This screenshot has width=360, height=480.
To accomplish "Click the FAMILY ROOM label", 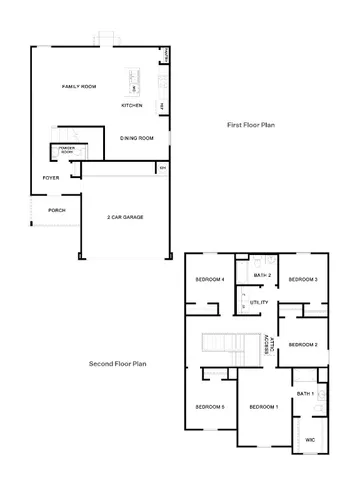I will tap(79, 87).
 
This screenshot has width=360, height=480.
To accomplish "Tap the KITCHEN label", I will tap(131, 105).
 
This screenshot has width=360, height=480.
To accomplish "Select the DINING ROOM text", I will tap(136, 138).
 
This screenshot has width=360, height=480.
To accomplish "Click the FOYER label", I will tap(50, 177).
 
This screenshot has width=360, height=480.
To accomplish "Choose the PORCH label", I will tap(56, 211).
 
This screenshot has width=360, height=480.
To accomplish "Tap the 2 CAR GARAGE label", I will tap(124, 217).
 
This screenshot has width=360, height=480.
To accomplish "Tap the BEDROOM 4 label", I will tap(209, 279).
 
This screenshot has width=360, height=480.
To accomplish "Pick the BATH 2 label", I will tap(263, 275).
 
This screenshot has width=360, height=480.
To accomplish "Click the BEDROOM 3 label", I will tap(303, 279).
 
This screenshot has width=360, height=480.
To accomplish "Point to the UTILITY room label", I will tap(259, 301).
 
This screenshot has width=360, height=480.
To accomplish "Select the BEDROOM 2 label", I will tap(303, 344).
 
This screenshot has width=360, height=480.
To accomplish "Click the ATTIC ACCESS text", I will tap(268, 345).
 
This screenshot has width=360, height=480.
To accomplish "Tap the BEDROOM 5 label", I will tap(209, 407).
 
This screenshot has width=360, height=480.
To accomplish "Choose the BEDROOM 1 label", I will tap(263, 407).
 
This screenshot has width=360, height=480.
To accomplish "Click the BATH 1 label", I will tap(306, 394).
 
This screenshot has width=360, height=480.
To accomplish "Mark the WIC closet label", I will tap(310, 438).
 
